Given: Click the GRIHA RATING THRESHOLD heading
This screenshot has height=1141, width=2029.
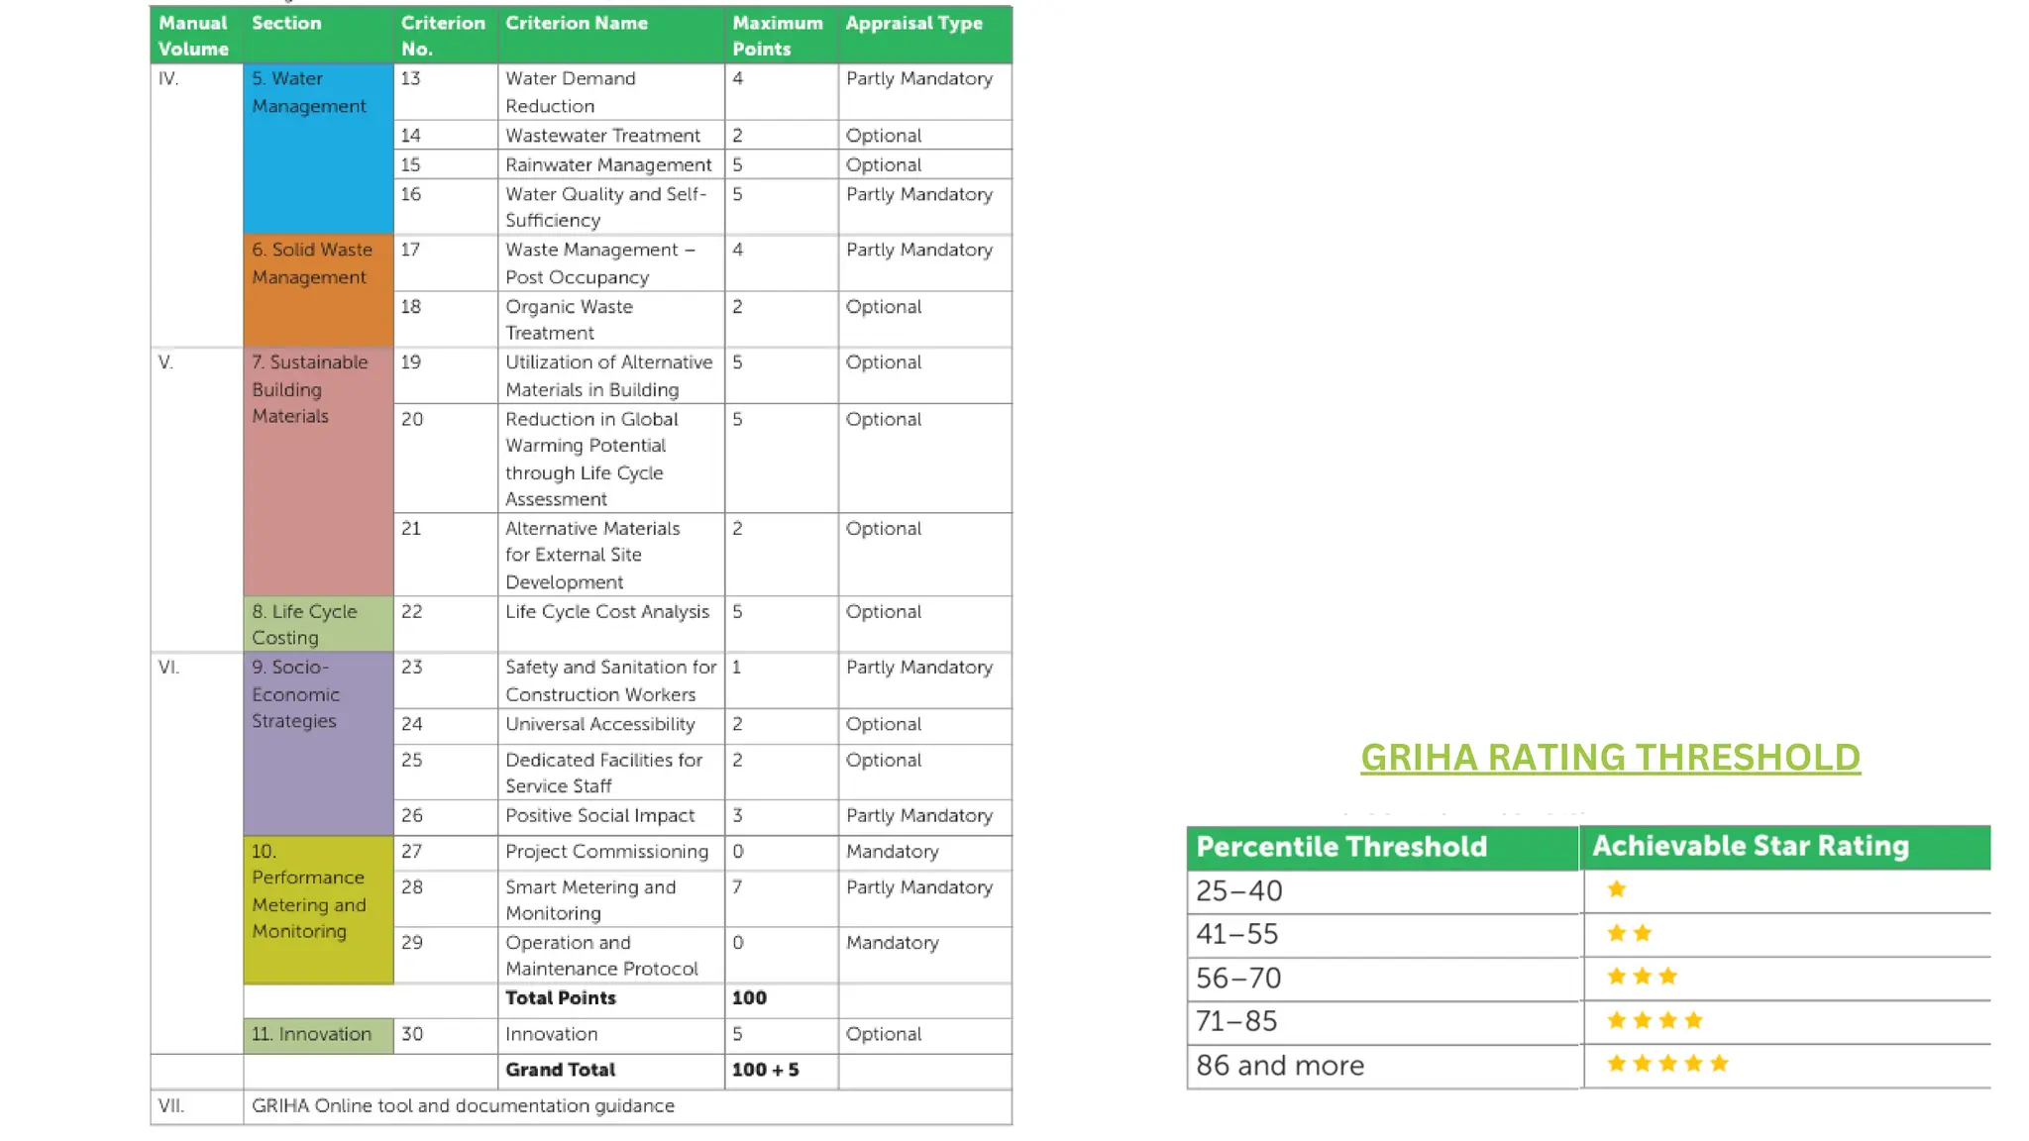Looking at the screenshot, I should click(1610, 758).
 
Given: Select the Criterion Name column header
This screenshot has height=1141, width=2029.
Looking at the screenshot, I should click(576, 23).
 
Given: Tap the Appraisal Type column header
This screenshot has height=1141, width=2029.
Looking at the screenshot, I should click(913, 23).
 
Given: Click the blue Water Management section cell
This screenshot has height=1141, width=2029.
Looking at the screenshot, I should click(317, 149).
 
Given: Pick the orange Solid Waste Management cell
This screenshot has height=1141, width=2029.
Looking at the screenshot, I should click(317, 289).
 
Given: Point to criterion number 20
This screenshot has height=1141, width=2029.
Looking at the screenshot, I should click(412, 419).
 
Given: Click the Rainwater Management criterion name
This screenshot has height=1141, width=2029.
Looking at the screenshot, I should click(608, 164).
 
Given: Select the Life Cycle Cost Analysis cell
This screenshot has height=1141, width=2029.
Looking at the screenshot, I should click(607, 612).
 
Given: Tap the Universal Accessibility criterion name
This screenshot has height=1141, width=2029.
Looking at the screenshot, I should click(599, 724).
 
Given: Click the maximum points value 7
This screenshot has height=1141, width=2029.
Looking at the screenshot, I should click(737, 886).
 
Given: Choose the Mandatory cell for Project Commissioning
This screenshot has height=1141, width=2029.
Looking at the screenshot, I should click(892, 852).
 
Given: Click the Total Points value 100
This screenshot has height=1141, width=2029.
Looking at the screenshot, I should click(749, 998).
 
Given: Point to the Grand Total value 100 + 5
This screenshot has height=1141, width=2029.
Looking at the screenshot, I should click(765, 1070).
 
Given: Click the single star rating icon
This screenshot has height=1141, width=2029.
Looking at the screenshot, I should click(1617, 889).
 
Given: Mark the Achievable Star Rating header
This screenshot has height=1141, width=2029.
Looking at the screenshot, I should click(1751, 846).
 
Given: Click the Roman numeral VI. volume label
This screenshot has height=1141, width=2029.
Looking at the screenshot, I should click(169, 668).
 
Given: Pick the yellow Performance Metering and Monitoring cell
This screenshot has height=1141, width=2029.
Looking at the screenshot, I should click(317, 908).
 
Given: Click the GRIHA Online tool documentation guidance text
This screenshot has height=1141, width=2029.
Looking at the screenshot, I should click(463, 1105).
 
